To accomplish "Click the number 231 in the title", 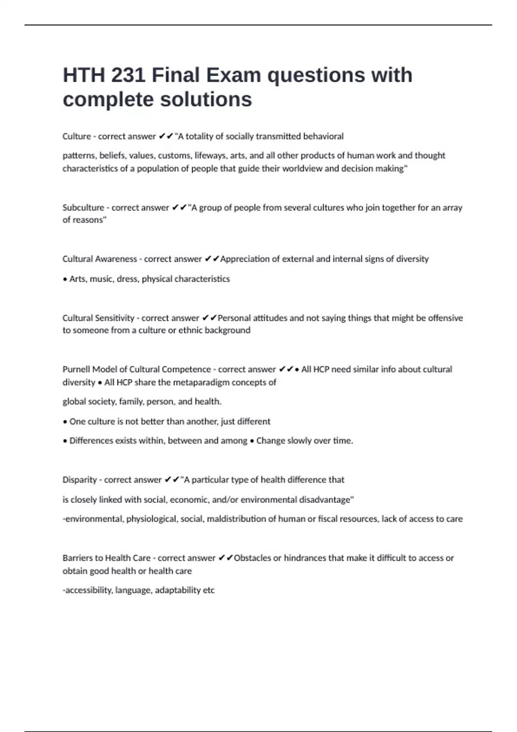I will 128,75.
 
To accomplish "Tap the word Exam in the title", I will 233,75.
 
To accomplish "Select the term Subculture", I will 83,208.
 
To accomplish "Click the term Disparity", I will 79,480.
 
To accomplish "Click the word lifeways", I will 211,155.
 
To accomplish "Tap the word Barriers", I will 77,558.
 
